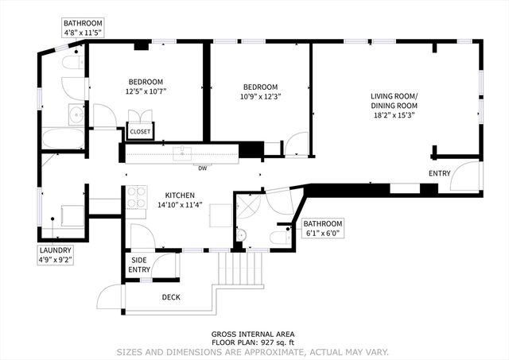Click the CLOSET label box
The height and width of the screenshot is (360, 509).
140,131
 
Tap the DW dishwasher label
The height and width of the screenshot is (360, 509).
204,168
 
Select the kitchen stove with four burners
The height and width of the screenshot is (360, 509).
137,197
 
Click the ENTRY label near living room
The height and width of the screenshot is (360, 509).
439,173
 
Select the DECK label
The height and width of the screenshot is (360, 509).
171,297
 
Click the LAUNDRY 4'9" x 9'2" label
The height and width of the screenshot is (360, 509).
56,254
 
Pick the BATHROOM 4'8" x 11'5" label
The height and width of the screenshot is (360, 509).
84,29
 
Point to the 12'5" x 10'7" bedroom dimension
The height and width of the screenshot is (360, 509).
146,91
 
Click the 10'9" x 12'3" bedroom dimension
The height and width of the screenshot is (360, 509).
260,97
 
